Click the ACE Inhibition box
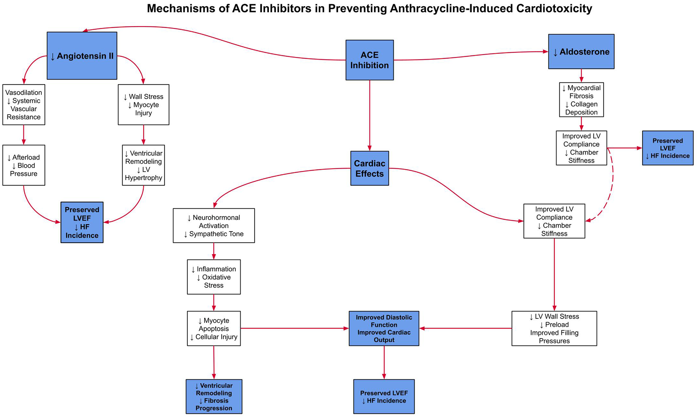point(369,60)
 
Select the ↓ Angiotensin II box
point(82,56)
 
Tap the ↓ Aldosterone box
point(581,51)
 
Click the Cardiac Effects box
point(369,168)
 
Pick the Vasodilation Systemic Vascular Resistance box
point(24,105)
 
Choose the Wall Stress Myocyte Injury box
point(143,105)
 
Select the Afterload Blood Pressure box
point(24,165)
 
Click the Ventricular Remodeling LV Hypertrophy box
point(143,165)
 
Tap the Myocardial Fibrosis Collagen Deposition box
point(581,100)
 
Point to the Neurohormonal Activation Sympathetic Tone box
point(213,225)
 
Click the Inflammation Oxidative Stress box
point(213,277)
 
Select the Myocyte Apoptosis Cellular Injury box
point(213,328)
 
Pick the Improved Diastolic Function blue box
point(384,328)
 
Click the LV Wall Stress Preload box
point(554,328)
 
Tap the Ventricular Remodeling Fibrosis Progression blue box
point(214,396)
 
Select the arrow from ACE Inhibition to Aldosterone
point(470,56)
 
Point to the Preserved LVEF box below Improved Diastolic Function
point(384,396)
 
